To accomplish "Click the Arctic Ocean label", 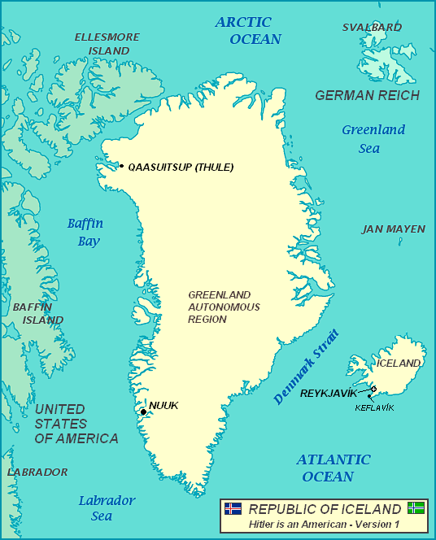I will (x=248, y=30).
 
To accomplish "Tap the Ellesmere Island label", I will (x=107, y=44).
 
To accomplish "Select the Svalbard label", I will (x=371, y=27).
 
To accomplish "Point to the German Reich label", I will (x=367, y=95).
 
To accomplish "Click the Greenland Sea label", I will (x=373, y=139).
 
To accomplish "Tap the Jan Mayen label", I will (x=393, y=229).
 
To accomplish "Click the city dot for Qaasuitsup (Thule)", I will (x=121, y=167).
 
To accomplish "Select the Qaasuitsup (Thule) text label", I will (x=181, y=168).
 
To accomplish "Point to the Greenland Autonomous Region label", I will (x=224, y=307).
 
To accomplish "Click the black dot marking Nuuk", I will (x=143, y=412).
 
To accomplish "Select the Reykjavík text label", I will (x=329, y=394).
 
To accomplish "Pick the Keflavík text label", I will (x=374, y=407).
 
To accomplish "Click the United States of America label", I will (x=76, y=424).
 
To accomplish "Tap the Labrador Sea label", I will (x=107, y=508).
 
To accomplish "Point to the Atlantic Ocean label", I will (x=333, y=468).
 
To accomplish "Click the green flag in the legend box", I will (x=416, y=508).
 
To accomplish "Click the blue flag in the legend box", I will (x=233, y=508).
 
